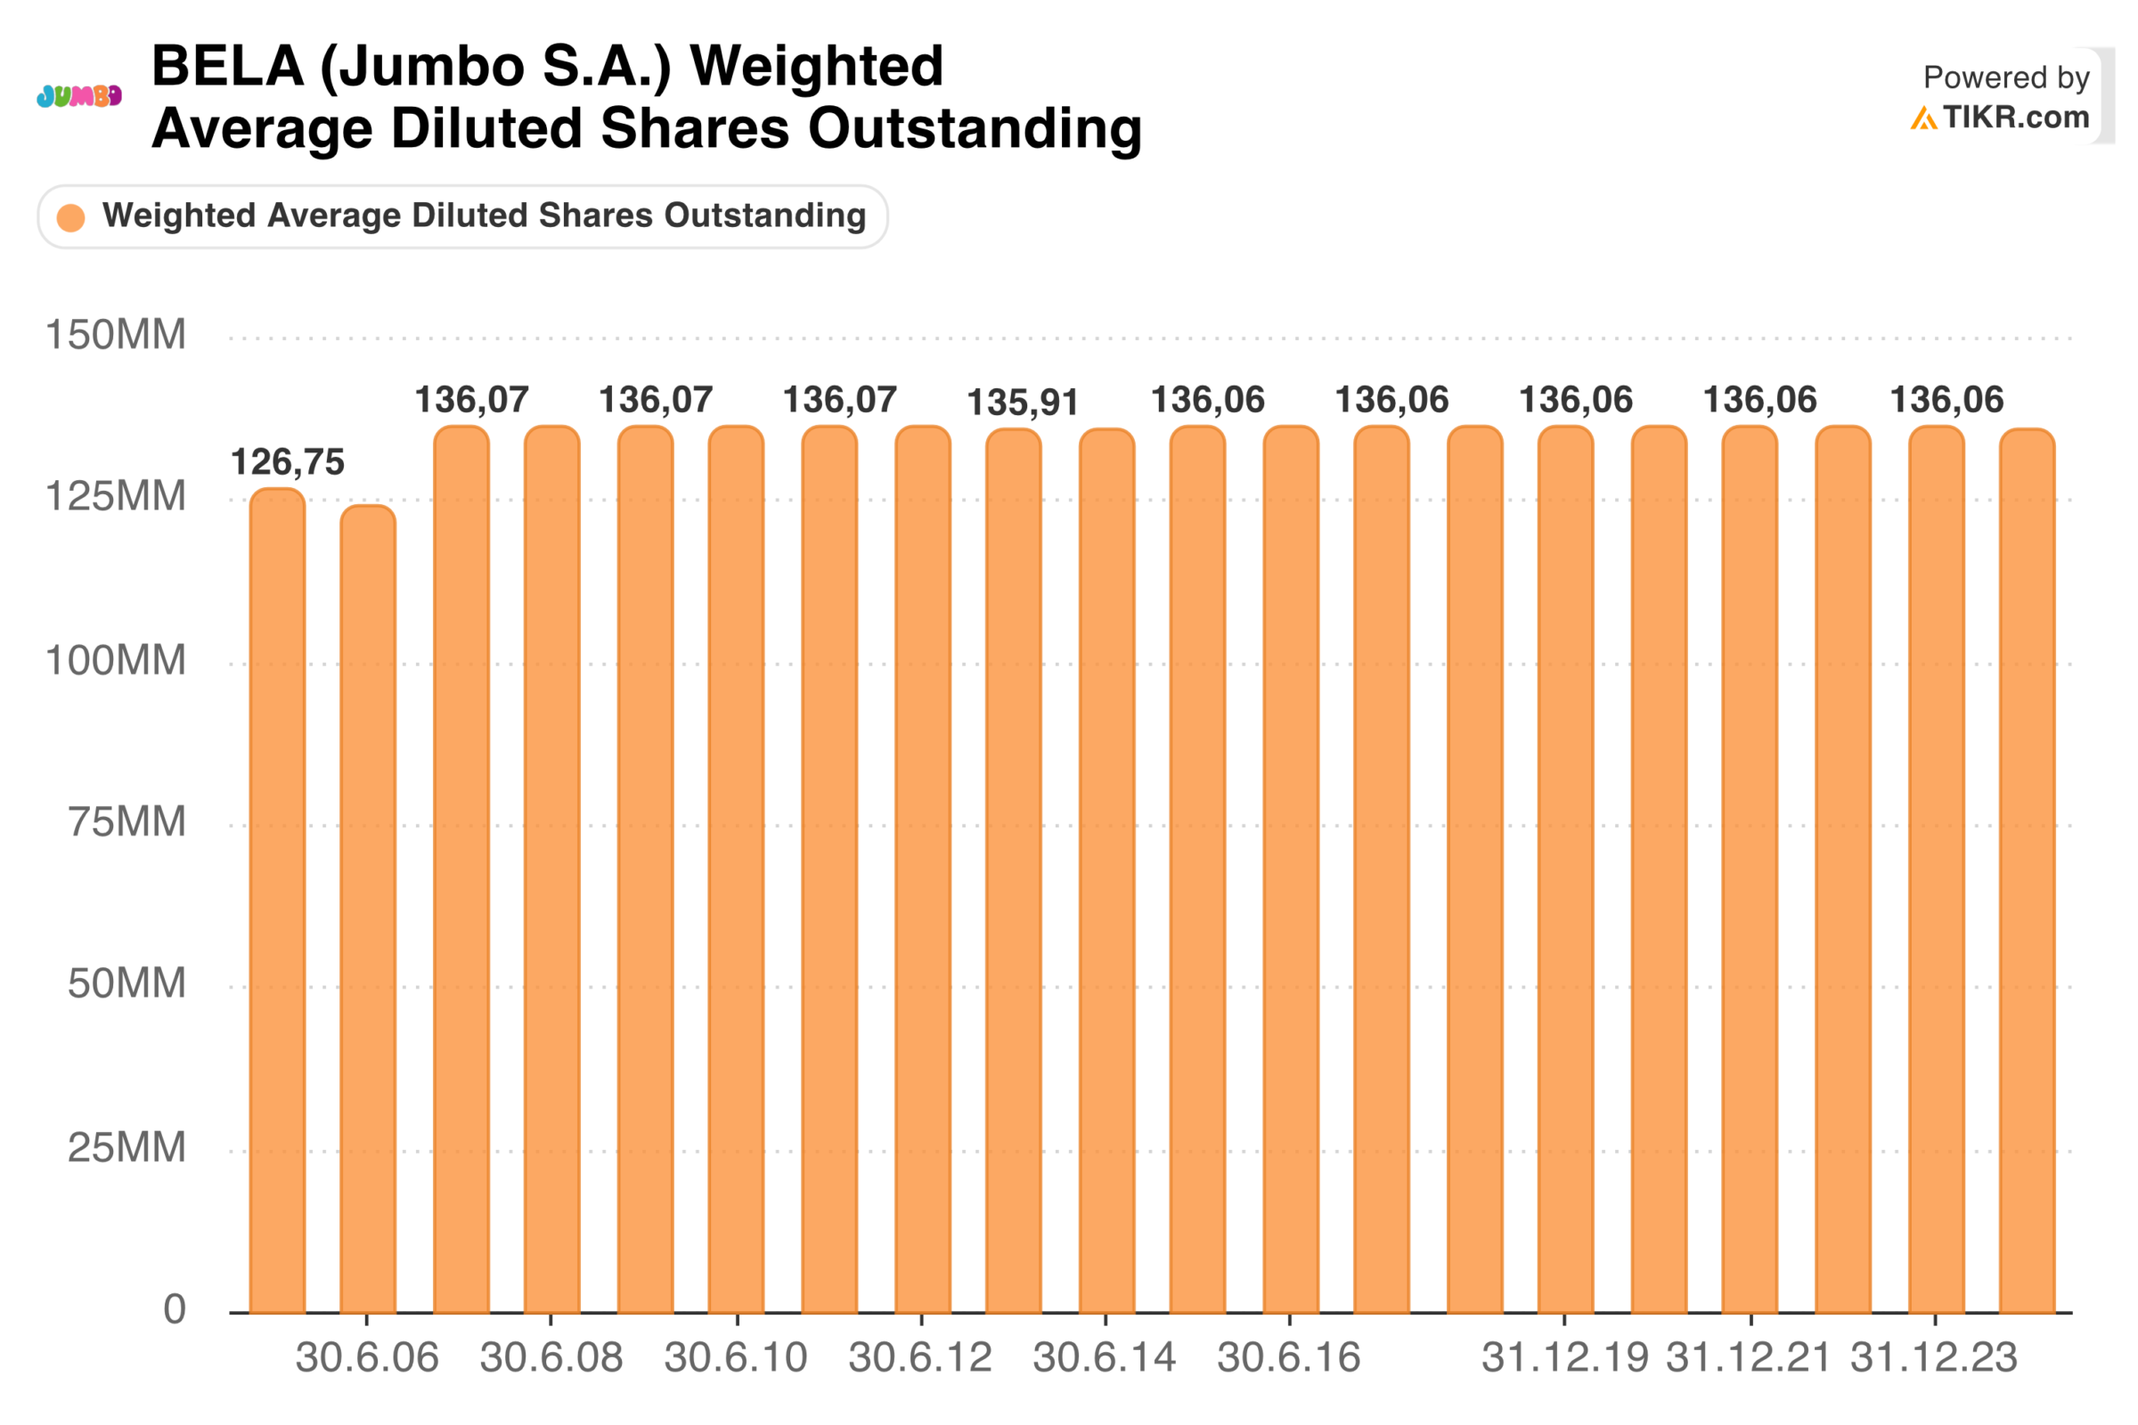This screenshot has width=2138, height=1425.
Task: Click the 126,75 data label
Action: click(287, 462)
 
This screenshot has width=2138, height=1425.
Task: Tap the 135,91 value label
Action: click(1023, 403)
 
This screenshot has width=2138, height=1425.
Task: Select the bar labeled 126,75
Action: click(277, 900)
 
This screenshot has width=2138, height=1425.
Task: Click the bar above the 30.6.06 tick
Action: click(368, 908)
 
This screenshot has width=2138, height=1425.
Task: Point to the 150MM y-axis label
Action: click(116, 336)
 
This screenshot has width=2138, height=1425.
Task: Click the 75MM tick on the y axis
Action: click(126, 822)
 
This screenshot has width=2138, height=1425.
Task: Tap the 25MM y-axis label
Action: click(126, 1148)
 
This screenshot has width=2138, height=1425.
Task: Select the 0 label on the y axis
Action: click(175, 1309)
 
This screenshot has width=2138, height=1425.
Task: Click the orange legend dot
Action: click(71, 217)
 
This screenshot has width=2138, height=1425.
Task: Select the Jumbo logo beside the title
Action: click(79, 95)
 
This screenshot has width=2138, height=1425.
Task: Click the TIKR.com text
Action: click(2016, 118)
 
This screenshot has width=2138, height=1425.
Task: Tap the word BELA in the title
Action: click(227, 66)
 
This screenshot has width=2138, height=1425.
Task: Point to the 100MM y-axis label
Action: click(116, 661)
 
